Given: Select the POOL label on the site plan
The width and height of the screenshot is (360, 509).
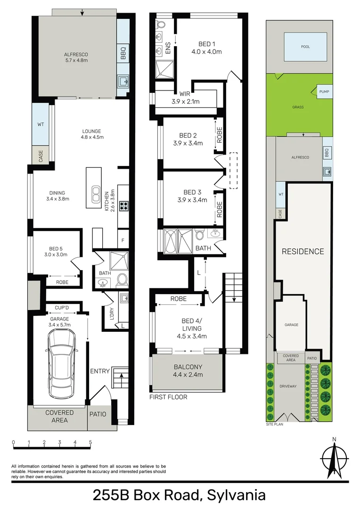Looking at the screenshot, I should click(x=306, y=47).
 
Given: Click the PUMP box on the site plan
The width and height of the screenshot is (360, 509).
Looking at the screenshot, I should click(x=324, y=92).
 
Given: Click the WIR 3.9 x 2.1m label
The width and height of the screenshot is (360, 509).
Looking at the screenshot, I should click(x=185, y=98).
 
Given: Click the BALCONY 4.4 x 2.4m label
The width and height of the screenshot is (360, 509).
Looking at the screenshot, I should click(x=188, y=370).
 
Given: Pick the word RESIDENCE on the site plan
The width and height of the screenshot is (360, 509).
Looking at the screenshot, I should click(x=303, y=251).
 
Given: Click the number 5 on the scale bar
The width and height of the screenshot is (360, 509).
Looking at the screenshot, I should click(x=90, y=443).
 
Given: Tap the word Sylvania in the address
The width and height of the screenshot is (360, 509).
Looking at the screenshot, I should click(x=236, y=495).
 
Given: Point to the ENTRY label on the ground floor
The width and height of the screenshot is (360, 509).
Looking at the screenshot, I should click(x=100, y=371).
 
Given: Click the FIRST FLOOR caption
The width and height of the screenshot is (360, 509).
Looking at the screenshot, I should click(x=168, y=397).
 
